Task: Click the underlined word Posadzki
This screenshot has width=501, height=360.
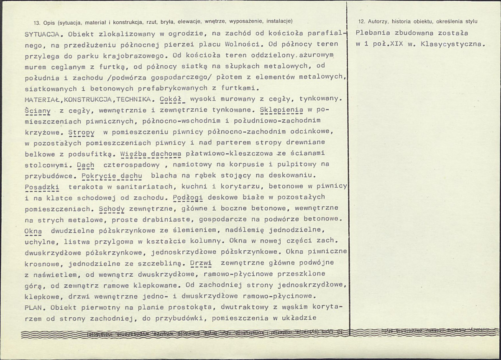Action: click(41, 186)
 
